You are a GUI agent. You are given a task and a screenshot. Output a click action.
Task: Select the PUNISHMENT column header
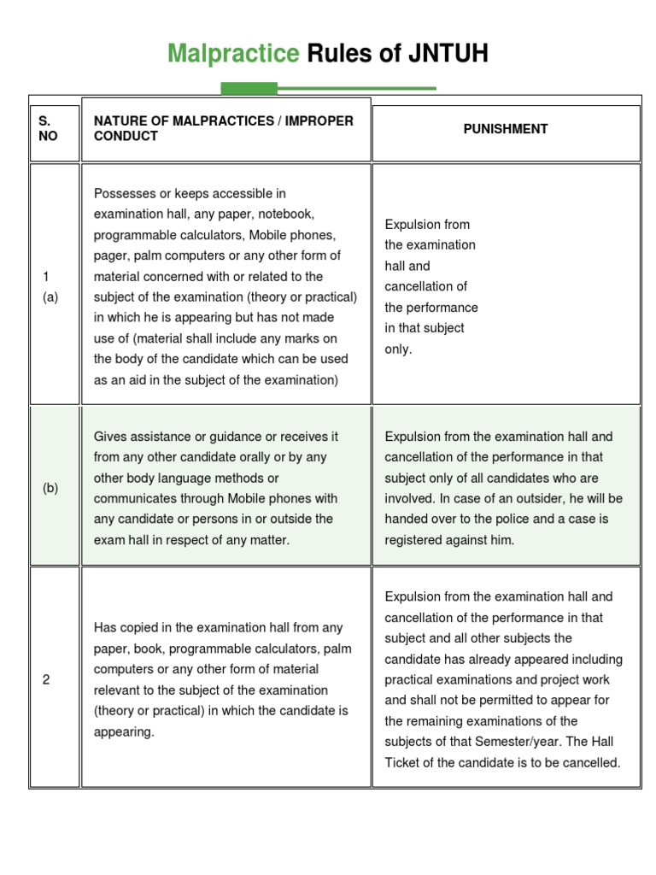pos(506,129)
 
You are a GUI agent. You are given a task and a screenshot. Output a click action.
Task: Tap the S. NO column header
pos(48,129)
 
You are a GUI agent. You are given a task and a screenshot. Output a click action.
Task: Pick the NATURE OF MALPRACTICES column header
pos(223,128)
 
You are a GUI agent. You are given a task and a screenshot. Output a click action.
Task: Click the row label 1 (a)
pos(48,287)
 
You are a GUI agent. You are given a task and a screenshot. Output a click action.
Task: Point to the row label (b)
pos(50,488)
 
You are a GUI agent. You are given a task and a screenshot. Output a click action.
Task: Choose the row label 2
pos(46,679)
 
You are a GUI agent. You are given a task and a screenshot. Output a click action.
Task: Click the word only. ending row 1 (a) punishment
pos(398,349)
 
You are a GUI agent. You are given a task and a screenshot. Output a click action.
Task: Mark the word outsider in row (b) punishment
pos(555,498)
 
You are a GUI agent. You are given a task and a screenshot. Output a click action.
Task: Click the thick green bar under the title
pos(249,88)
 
